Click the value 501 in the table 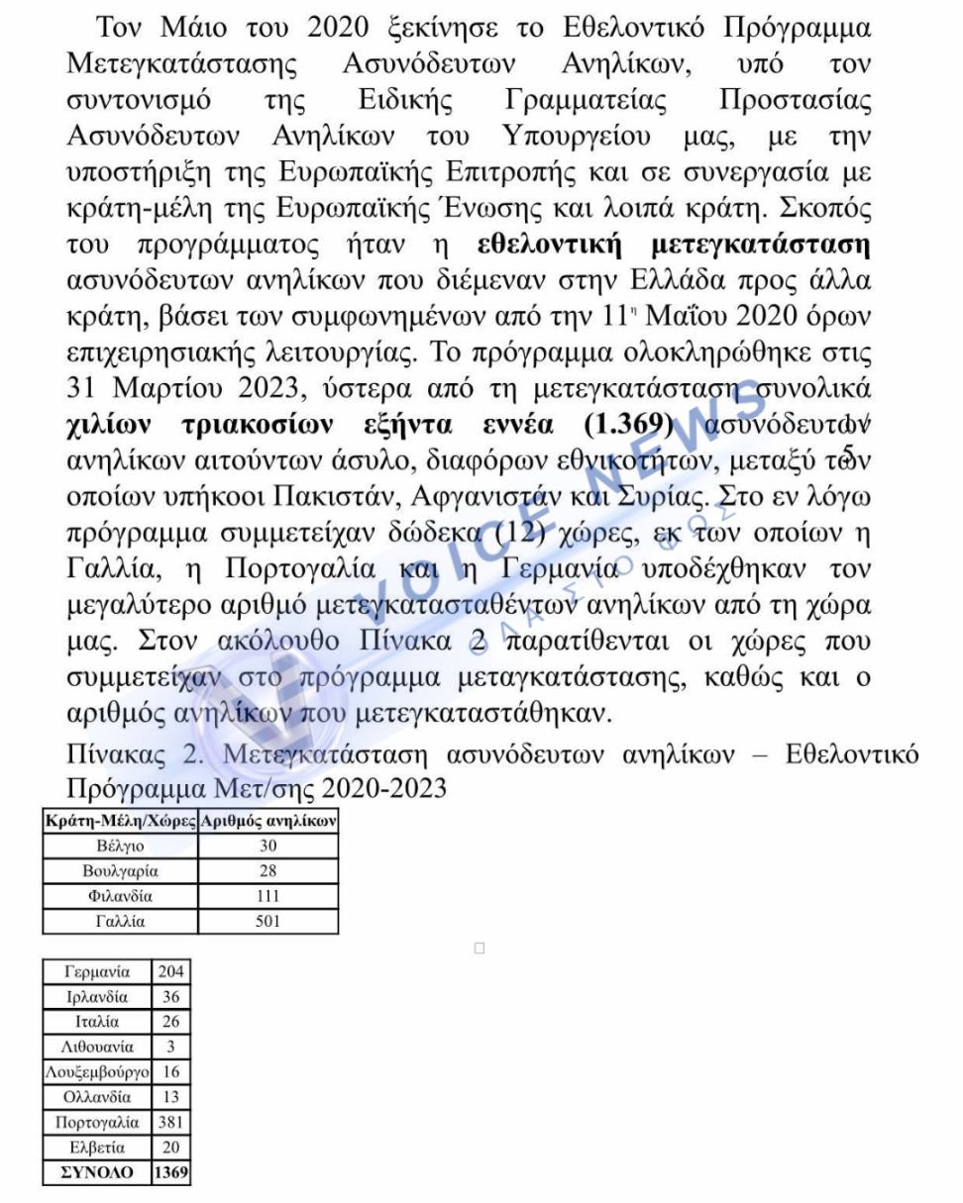(x=267, y=922)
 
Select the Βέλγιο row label (x=120, y=847)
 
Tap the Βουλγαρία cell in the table (x=120, y=871)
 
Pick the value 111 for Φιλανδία (x=267, y=897)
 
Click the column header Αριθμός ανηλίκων (x=268, y=821)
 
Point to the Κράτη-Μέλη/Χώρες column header (x=120, y=821)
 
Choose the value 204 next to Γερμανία (x=170, y=971)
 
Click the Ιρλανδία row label (x=96, y=996)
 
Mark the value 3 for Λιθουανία (x=170, y=1047)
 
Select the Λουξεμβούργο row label (x=96, y=1072)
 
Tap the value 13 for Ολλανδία (x=170, y=1097)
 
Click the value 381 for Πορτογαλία (x=170, y=1123)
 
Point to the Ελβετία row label (x=96, y=1148)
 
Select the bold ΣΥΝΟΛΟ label (x=96, y=1173)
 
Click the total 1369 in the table (x=170, y=1173)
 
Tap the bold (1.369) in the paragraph (x=628, y=426)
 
